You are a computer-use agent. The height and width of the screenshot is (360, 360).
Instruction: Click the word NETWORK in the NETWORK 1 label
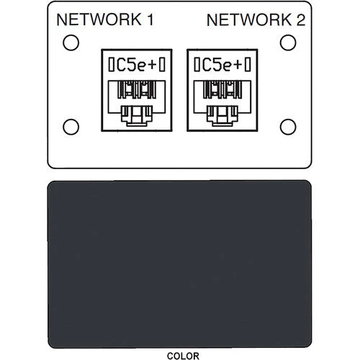click(x=99, y=19)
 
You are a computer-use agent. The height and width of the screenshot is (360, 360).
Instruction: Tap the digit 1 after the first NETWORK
click(x=150, y=19)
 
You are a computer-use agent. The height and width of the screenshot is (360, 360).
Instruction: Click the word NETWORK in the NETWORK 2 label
click(x=249, y=20)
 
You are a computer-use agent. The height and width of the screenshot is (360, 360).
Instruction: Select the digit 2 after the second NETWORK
click(x=301, y=20)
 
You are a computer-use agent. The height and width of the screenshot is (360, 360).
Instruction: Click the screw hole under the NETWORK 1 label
click(x=71, y=42)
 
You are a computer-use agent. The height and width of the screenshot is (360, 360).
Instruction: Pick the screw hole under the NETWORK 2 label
click(x=288, y=42)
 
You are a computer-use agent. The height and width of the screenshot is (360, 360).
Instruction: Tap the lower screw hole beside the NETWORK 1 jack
click(x=71, y=127)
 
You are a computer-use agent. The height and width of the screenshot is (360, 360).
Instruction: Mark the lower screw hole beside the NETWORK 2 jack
click(x=288, y=127)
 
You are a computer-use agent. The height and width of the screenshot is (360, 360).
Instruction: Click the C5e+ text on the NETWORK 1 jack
click(x=136, y=65)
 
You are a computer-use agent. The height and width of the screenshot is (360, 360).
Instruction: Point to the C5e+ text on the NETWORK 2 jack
click(x=222, y=65)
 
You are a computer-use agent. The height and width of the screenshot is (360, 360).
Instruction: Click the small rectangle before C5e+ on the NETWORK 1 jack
click(x=111, y=65)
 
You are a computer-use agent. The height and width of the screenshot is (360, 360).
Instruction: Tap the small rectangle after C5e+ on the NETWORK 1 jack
click(x=162, y=65)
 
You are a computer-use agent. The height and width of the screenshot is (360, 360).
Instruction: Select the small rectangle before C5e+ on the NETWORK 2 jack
click(x=197, y=65)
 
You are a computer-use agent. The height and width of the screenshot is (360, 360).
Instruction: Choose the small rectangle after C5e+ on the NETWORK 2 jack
click(x=248, y=65)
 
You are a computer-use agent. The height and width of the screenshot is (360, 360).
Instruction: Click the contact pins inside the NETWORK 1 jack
click(x=137, y=89)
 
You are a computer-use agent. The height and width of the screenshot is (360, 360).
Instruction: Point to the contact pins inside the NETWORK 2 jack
click(x=222, y=89)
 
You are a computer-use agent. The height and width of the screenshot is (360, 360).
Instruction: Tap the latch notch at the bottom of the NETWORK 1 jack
click(x=137, y=116)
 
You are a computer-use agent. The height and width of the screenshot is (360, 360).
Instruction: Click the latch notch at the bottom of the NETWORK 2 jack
click(x=222, y=116)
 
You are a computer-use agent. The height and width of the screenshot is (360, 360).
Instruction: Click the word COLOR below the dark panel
click(x=183, y=356)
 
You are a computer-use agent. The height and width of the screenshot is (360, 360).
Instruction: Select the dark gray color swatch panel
click(x=179, y=264)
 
